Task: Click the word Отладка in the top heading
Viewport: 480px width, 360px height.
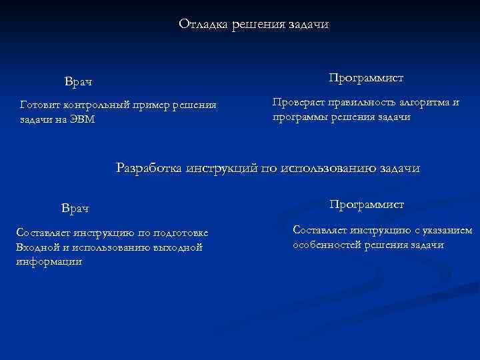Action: click(x=203, y=24)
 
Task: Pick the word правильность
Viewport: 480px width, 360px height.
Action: click(x=363, y=103)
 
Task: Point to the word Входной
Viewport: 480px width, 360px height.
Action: click(x=37, y=247)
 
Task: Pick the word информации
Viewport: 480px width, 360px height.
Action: click(x=48, y=261)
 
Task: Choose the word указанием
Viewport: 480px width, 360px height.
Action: click(x=446, y=230)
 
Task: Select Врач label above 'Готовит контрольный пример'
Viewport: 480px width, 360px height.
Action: click(x=78, y=82)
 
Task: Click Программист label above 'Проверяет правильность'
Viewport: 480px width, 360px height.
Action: click(x=365, y=78)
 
